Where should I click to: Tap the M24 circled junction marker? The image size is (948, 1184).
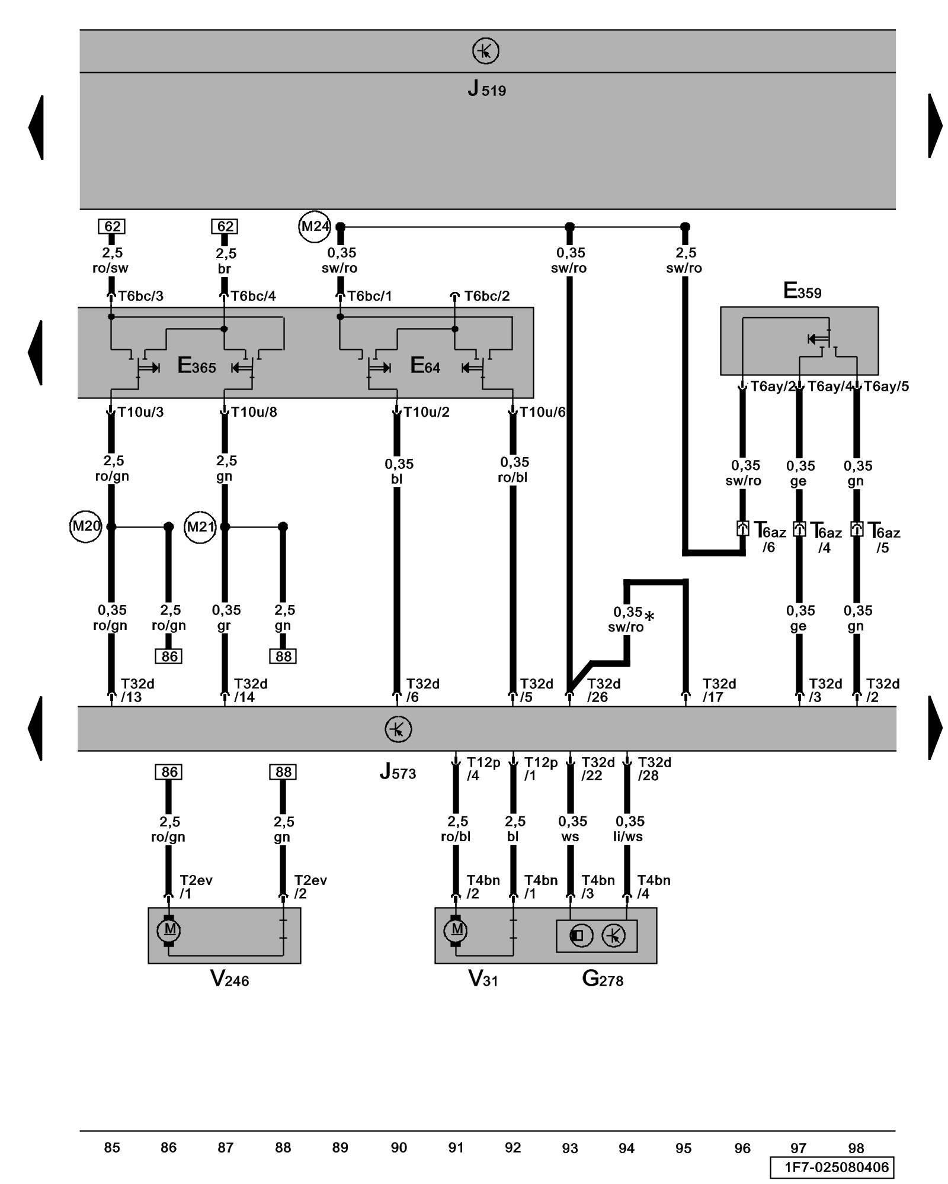(x=314, y=226)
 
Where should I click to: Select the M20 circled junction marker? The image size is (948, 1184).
(x=86, y=526)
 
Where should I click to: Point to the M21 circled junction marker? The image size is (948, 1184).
(x=200, y=526)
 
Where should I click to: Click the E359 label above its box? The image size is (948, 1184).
(x=802, y=291)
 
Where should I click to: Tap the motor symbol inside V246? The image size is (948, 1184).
(x=169, y=930)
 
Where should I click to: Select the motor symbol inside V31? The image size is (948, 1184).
(x=456, y=930)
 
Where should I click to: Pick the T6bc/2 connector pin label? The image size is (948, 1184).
(x=486, y=296)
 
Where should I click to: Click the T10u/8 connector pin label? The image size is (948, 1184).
(x=254, y=412)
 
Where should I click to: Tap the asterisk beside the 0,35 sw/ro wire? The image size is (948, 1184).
(x=649, y=617)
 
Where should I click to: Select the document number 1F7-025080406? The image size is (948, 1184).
(x=836, y=1167)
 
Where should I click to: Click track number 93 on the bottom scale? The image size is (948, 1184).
(x=569, y=1148)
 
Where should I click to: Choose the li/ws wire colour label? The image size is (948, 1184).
(x=628, y=836)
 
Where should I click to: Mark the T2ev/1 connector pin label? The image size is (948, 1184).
(x=196, y=887)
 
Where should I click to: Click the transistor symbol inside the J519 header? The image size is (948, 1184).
(x=485, y=52)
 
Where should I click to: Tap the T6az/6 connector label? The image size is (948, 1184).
(x=769, y=538)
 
